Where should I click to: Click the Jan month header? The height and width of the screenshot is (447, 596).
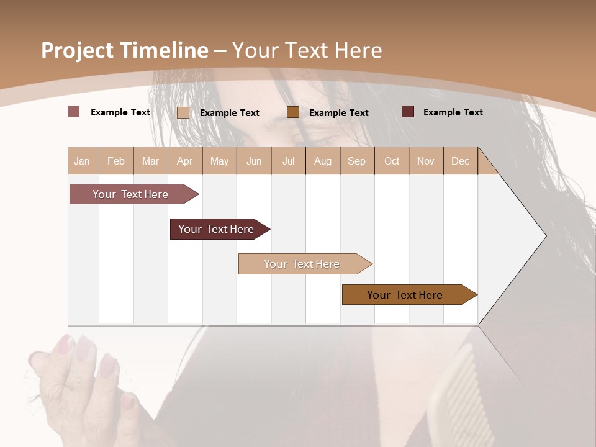pyautogui.click(x=83, y=161)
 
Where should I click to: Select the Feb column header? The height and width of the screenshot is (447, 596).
pyautogui.click(x=116, y=161)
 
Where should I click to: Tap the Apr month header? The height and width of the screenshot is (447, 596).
pyautogui.click(x=185, y=161)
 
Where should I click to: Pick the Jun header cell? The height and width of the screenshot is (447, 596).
pyautogui.click(x=254, y=161)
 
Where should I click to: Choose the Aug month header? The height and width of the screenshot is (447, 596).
pyautogui.click(x=323, y=161)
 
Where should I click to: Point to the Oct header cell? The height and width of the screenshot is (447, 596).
pyautogui.click(x=392, y=161)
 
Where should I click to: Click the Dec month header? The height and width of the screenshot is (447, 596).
pyautogui.click(x=461, y=161)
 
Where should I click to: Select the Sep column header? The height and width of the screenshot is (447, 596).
pyautogui.click(x=357, y=161)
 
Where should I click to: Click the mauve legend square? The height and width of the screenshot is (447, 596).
pyautogui.click(x=73, y=112)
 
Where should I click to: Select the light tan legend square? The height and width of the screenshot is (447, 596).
pyautogui.click(x=183, y=112)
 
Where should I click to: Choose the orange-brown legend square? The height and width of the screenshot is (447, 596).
pyautogui.click(x=293, y=112)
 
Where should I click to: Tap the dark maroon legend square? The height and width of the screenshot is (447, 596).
pyautogui.click(x=407, y=112)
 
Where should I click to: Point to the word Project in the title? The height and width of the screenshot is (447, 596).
pyautogui.click(x=77, y=50)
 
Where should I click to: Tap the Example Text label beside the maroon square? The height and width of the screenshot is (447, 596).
pyautogui.click(x=453, y=112)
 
